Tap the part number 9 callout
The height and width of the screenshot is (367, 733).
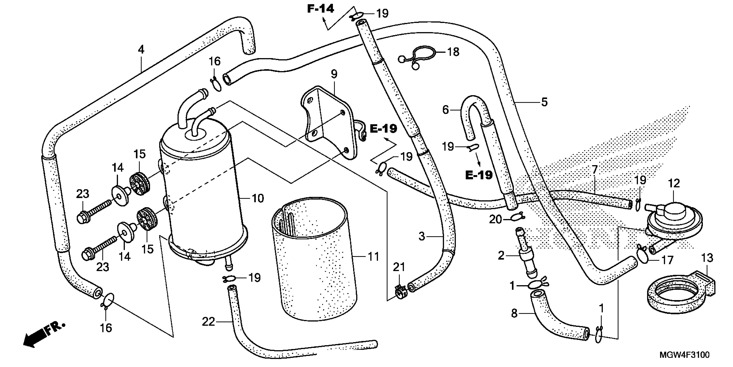click(x=334, y=74)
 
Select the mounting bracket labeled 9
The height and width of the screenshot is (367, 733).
click(x=330, y=123)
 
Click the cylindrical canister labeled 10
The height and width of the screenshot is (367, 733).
click(x=202, y=194)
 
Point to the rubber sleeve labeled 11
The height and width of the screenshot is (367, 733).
click(x=313, y=262)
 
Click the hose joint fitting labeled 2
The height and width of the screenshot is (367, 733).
click(x=526, y=254)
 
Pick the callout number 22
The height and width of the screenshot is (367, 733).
click(x=208, y=322)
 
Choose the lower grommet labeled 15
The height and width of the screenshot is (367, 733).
click(x=147, y=221)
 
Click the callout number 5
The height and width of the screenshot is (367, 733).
click(x=544, y=102)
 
